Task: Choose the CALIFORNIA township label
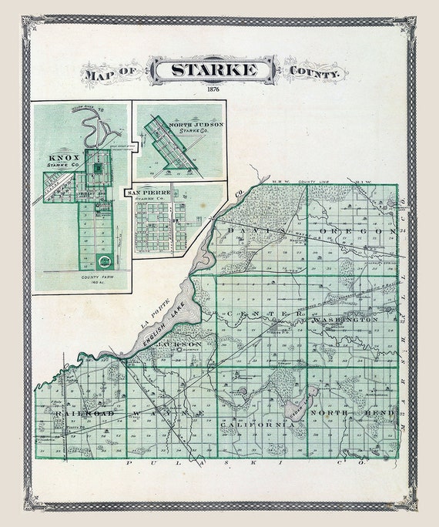click(x=256, y=425)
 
